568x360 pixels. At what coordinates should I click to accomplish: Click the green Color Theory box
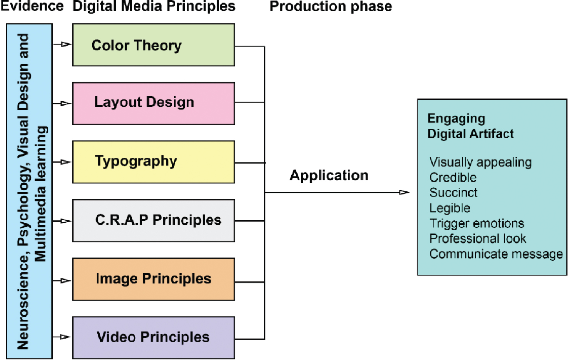tap(153, 45)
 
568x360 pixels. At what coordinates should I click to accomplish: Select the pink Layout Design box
tap(153, 103)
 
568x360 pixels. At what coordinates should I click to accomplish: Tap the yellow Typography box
tap(153, 162)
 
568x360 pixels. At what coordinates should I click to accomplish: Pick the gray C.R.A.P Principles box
tap(153, 220)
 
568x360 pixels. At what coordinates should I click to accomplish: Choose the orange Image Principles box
tap(153, 279)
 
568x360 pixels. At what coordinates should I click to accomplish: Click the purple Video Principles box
tap(153, 337)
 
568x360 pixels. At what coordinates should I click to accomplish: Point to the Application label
tap(329, 175)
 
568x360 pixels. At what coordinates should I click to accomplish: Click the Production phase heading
tap(331, 6)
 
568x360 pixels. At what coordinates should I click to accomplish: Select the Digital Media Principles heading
tap(154, 6)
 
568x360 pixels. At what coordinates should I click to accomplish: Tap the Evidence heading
tap(32, 6)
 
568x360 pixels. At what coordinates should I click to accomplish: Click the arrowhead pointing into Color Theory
tap(66, 44)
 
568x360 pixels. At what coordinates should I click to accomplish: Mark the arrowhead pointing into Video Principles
tap(66, 337)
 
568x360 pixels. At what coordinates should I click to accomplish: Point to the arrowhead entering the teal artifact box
tap(404, 193)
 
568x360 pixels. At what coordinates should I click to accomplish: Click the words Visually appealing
tap(480, 162)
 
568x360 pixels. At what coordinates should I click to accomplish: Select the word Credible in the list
tap(453, 178)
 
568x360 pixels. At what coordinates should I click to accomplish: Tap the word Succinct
tap(453, 193)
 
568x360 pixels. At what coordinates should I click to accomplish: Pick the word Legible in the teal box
tap(450, 208)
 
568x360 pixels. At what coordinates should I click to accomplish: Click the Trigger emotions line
tap(476, 223)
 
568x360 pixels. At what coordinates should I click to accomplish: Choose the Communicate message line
tap(496, 254)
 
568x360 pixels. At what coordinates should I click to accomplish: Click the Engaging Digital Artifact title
tap(470, 126)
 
